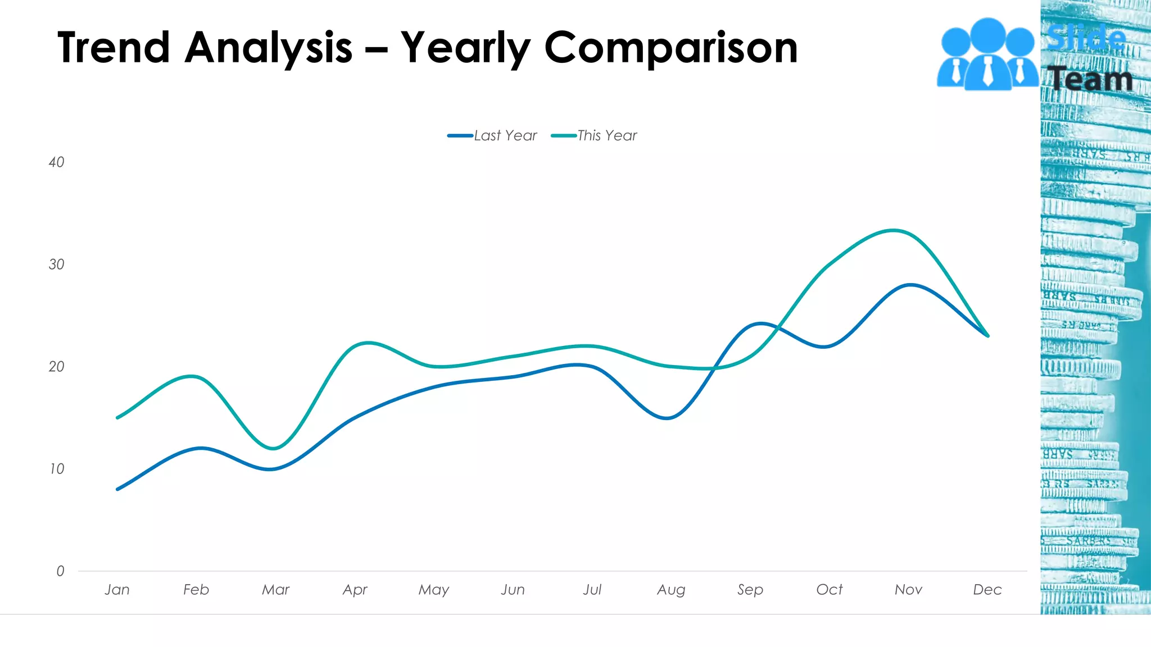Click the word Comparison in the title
point(670,48)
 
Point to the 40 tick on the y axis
point(56,162)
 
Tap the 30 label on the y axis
point(56,265)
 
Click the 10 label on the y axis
point(57,469)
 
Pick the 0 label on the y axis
point(60,571)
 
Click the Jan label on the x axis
point(117,590)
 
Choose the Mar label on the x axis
point(275,590)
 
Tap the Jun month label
point(513,590)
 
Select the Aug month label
point(671,590)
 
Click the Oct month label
point(830,590)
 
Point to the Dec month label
point(987,590)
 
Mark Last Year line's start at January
point(117,489)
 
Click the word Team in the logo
point(1090,79)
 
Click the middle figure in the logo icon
point(987,53)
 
